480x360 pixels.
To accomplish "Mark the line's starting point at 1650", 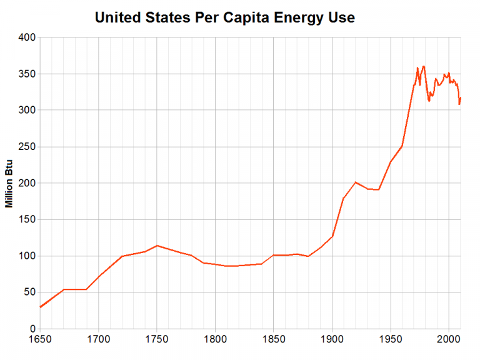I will pos(40,307).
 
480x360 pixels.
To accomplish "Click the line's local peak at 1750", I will pos(157,246).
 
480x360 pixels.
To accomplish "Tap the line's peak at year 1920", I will pos(355,182).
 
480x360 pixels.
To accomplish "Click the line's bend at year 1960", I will pos(402,146).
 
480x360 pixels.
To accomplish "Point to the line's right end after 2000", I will pos(461,97).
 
